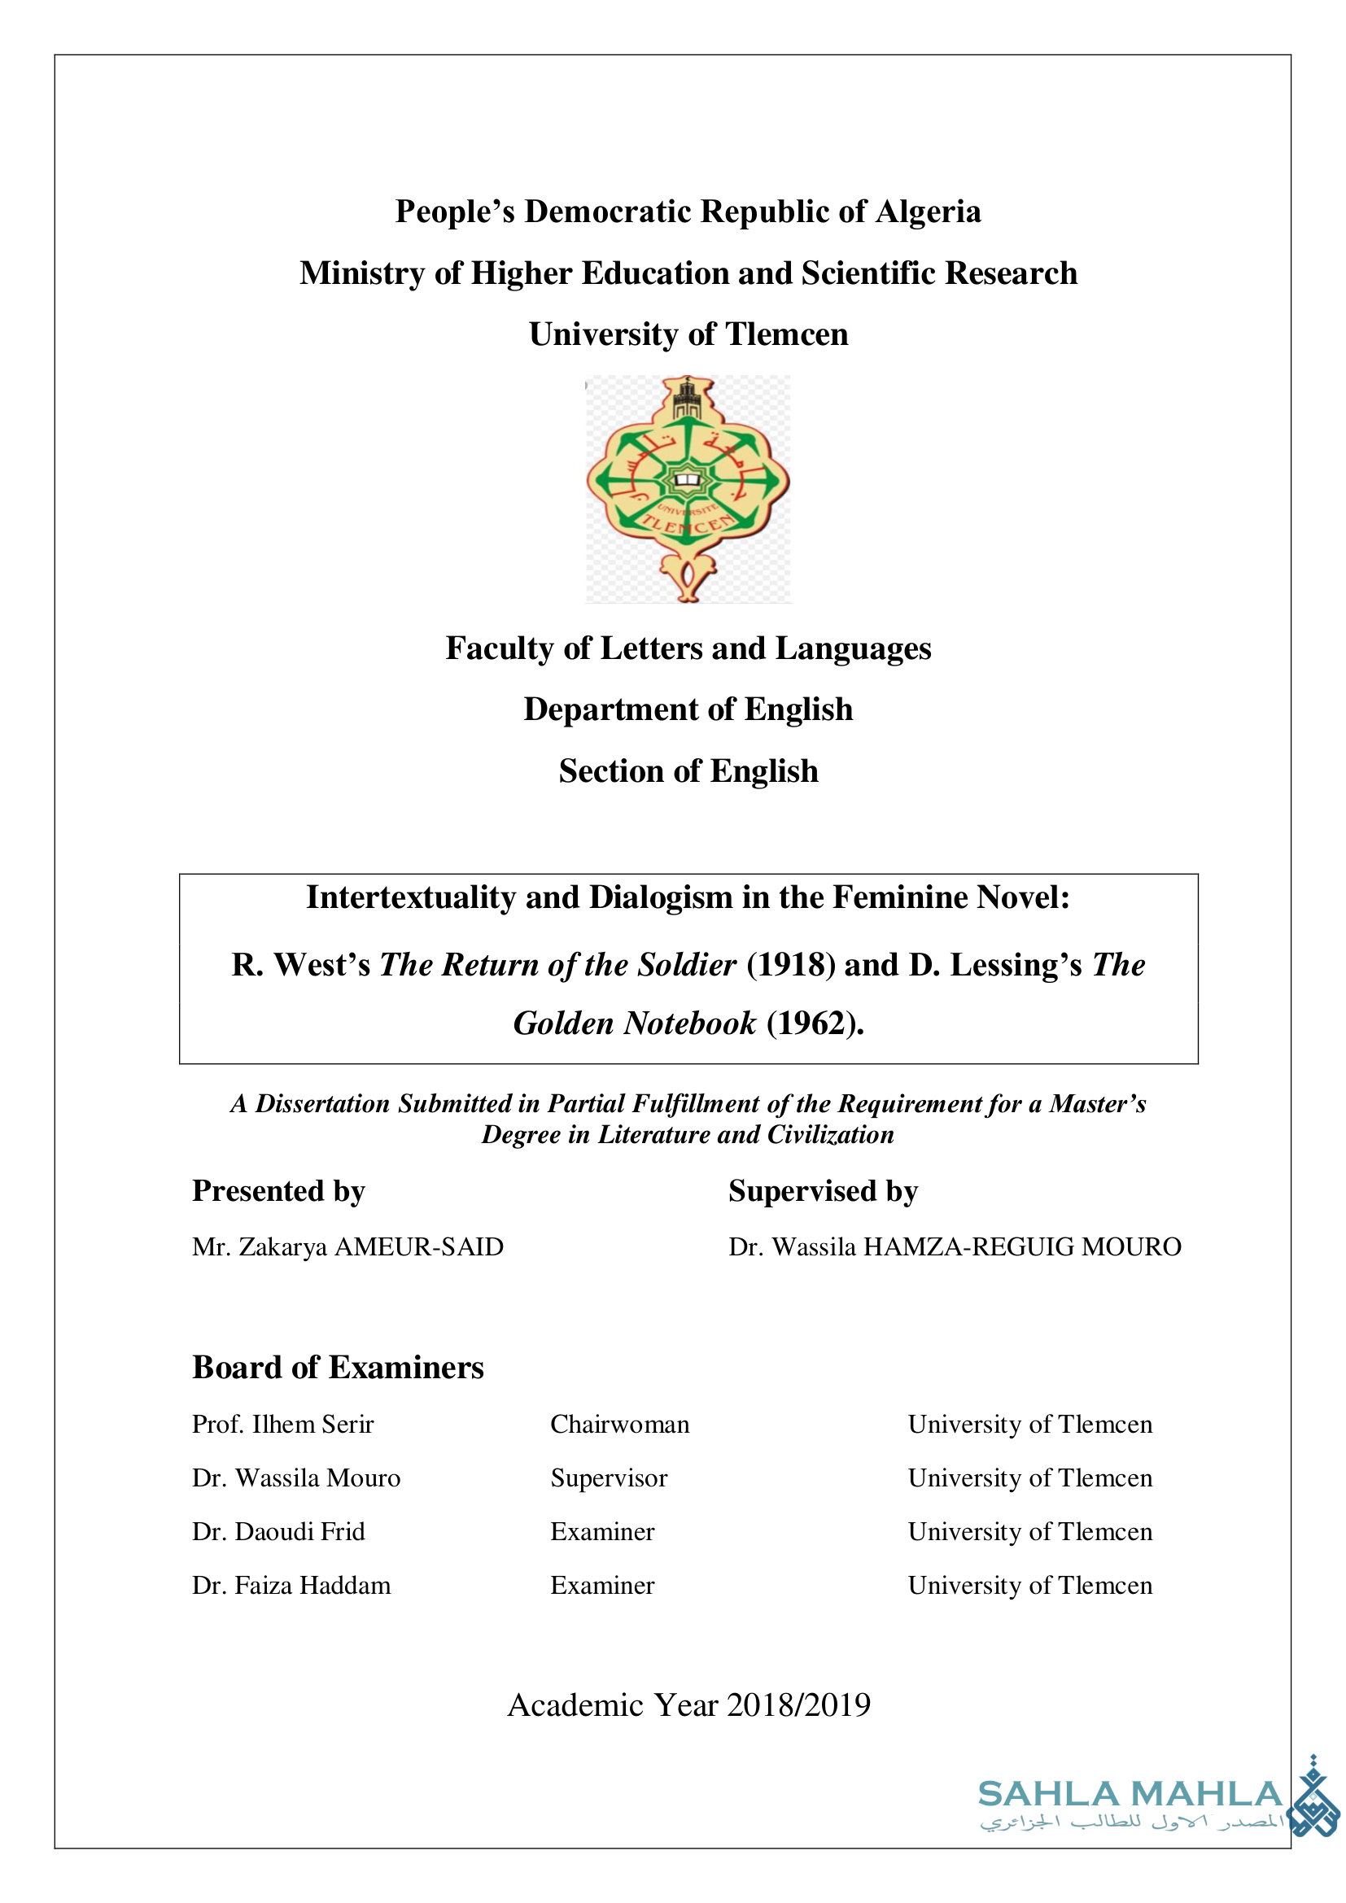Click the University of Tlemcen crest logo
[688, 488]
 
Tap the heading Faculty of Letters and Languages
[688, 648]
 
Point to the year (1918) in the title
[790, 965]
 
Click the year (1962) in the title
[814, 1024]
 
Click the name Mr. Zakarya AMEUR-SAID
[347, 1246]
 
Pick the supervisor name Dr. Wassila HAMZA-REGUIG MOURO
[954, 1246]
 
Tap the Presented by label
[278, 1191]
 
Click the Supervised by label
[822, 1191]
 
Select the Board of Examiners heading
[338, 1368]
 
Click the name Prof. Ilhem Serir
[282, 1424]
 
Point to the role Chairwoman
[619, 1424]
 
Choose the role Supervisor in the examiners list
[609, 1477]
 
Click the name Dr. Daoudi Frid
[278, 1532]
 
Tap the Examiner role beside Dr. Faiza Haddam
[601, 1586]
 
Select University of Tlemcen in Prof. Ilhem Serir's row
[1029, 1424]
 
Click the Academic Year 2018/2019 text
[688, 1705]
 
